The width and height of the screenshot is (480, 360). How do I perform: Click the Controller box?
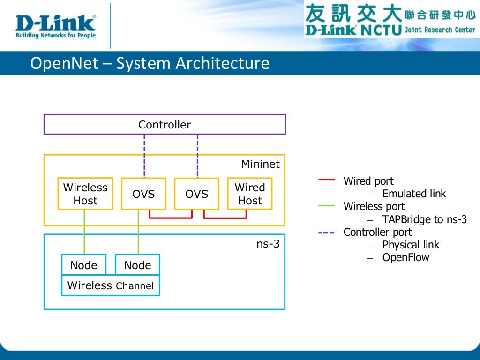point(165,125)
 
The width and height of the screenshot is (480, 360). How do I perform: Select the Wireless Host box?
point(85,194)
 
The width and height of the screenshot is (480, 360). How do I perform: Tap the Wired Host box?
point(249,194)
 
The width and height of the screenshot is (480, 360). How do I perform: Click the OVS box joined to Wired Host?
point(196,194)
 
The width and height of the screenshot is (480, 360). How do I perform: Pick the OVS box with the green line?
point(143,194)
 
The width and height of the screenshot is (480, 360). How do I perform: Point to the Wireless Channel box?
point(111,285)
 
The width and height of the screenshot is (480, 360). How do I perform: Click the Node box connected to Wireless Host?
point(83,265)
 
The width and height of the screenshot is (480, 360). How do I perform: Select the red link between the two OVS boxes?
point(171,217)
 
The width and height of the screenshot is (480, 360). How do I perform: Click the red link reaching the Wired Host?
point(225,217)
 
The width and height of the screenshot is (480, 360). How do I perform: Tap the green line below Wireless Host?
point(85,232)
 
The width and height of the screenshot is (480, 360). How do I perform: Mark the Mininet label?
point(260,164)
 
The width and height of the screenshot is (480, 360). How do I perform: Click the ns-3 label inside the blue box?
point(268,243)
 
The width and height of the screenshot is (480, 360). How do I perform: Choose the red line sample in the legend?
point(326,180)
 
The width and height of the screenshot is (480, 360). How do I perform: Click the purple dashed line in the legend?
point(326,232)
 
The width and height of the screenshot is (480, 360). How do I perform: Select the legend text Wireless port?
point(374,206)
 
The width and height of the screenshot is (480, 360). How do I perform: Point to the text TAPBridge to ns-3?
point(424,219)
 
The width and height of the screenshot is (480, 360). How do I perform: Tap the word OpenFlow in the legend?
point(405,257)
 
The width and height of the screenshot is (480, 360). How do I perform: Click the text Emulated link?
point(414,194)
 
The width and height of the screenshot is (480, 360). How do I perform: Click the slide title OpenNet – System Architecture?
point(150,63)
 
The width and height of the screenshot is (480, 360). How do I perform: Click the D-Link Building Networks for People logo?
point(55,26)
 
